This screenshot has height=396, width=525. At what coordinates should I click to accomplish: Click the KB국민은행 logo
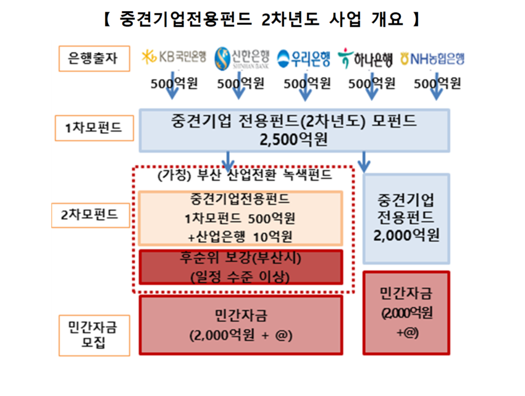click(174, 57)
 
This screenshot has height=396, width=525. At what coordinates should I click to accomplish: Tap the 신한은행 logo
click(241, 58)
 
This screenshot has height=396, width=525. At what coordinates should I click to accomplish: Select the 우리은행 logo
click(303, 59)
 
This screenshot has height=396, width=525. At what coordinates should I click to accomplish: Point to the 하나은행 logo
click(365, 59)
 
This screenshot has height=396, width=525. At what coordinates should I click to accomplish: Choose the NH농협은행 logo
click(432, 59)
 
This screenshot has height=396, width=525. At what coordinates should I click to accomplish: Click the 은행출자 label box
click(94, 59)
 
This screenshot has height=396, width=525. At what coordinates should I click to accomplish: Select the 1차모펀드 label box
click(94, 128)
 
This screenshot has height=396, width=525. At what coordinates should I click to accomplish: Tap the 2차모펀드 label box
click(90, 215)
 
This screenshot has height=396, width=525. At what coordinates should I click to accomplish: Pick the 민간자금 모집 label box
click(94, 335)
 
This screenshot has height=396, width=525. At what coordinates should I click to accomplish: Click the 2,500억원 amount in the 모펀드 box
click(293, 140)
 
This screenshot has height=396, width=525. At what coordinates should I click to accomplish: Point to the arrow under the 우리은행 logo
click(305, 86)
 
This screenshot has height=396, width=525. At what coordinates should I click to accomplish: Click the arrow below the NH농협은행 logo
click(436, 86)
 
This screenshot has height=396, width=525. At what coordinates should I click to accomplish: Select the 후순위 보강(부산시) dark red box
click(241, 267)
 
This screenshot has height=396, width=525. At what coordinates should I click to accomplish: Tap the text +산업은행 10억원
click(240, 237)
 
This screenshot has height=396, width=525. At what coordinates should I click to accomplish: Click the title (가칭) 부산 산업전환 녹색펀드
click(245, 175)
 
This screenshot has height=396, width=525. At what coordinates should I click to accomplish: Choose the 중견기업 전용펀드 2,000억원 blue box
click(406, 219)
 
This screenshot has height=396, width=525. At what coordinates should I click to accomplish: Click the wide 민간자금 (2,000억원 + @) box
click(241, 324)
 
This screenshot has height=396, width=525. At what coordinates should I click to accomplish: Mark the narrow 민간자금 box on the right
click(406, 313)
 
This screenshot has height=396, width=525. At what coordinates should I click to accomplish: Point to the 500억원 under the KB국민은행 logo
click(174, 83)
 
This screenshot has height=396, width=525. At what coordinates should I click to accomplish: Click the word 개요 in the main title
click(387, 19)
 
